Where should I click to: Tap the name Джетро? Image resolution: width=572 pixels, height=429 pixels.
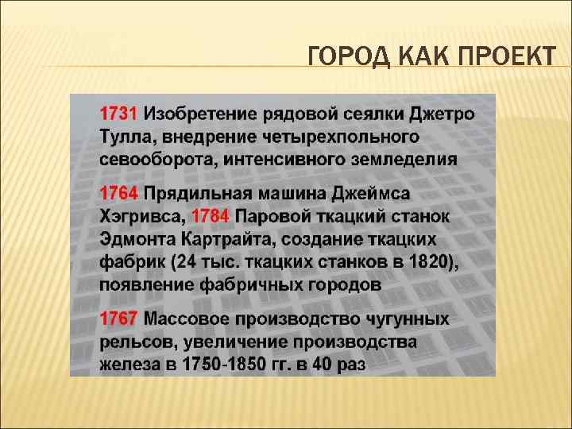click(x=441, y=112)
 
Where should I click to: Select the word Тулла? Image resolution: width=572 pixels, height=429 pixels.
click(x=123, y=135)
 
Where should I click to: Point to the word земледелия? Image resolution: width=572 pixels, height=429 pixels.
click(x=410, y=158)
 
